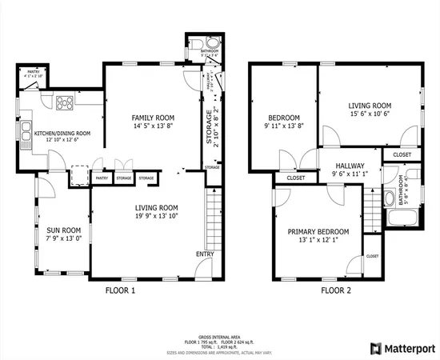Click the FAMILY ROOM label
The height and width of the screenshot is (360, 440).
tap(152, 117)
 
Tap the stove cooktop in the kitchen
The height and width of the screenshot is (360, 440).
tap(63, 102)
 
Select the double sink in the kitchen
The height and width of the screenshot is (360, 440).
tap(26, 136)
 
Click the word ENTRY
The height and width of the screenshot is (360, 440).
tap(205, 254)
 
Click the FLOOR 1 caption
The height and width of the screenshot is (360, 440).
tap(121, 291)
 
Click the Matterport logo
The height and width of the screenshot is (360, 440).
tap(402, 349)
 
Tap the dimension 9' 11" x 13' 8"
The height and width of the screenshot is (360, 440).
tap(283, 126)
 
